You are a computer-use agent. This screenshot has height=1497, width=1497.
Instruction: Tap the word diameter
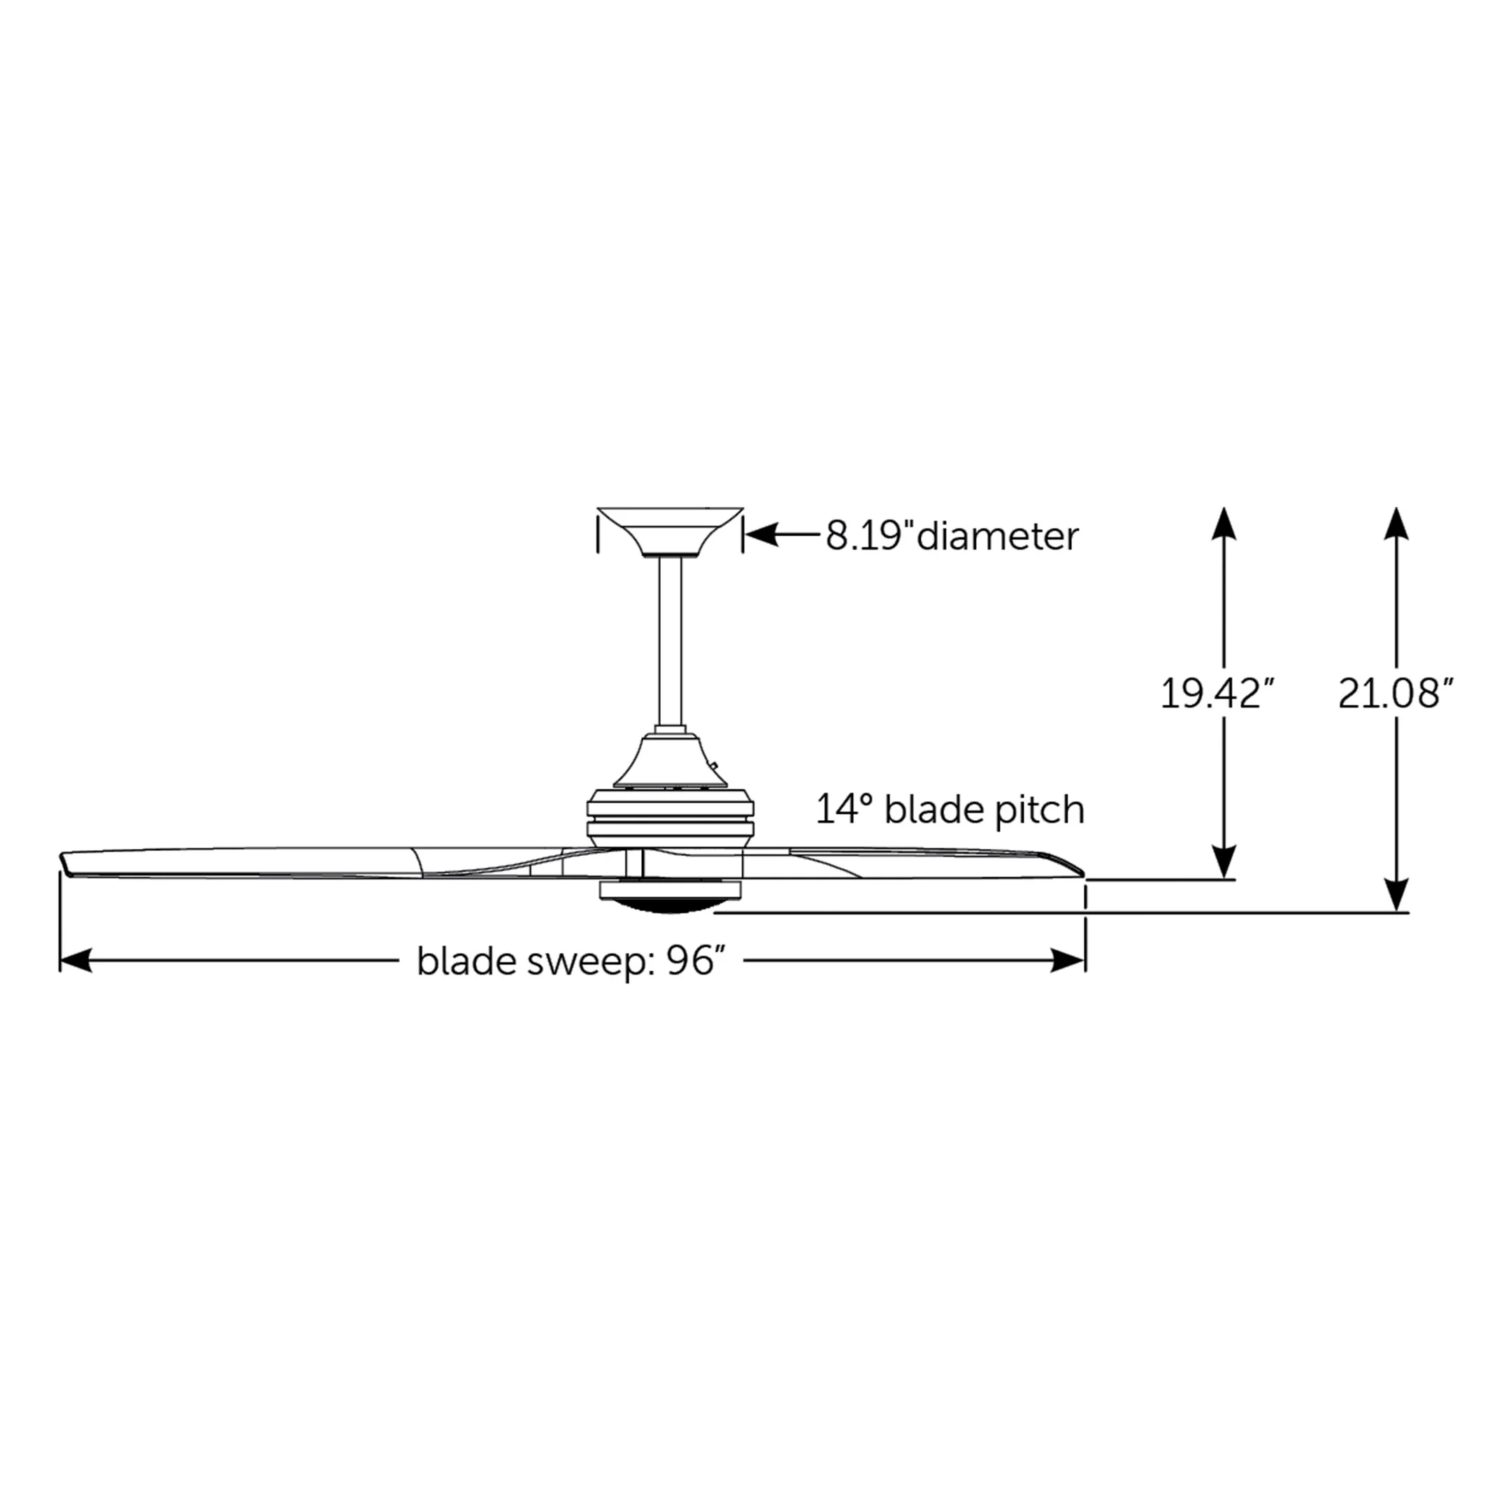(998, 536)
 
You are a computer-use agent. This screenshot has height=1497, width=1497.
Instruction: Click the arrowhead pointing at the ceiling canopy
(761, 536)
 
